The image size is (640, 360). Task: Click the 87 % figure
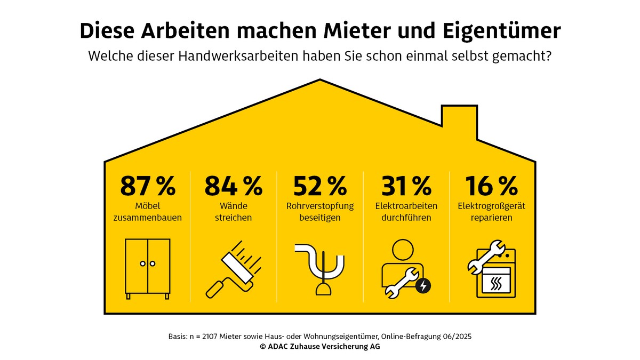147,186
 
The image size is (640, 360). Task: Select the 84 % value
234,186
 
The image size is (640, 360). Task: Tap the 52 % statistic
320,186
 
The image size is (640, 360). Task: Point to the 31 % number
406,186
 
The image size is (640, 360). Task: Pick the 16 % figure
492,186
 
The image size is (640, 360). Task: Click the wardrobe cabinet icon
148,267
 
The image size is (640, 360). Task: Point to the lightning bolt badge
423,286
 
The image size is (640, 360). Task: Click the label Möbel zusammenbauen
148,212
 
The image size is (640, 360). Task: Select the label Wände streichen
234,212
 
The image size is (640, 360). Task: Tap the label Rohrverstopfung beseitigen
320,212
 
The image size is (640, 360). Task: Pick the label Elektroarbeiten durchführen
406,212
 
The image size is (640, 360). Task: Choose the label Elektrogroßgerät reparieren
492,212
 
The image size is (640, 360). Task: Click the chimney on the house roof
459,120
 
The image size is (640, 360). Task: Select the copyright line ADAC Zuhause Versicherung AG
320,346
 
